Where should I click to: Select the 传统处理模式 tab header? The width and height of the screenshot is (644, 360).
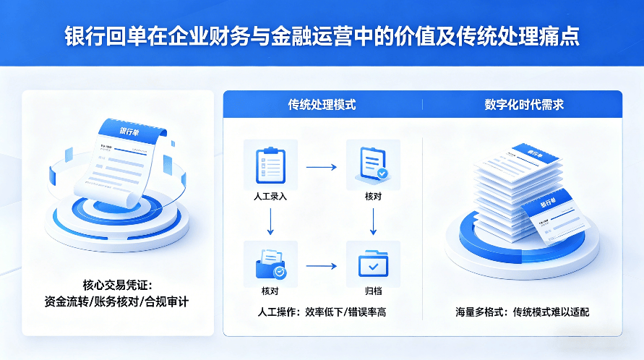322,105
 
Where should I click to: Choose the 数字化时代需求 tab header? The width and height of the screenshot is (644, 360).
524,105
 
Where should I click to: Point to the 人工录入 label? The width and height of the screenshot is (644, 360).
270,196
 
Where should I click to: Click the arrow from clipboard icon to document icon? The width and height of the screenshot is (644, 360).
322,167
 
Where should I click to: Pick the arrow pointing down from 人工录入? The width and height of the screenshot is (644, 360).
270,220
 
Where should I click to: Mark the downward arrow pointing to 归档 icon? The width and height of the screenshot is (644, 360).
373,220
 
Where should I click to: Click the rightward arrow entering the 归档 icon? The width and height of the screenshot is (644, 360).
322,266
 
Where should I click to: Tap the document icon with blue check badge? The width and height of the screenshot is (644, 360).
373,165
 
